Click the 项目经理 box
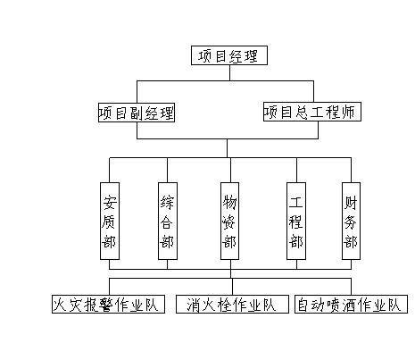[x=229, y=55]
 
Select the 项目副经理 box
[x=137, y=113]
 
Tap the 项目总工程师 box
[x=312, y=112]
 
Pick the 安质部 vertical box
[x=110, y=221]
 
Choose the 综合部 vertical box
[x=168, y=221]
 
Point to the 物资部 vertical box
[x=229, y=221]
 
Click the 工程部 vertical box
[x=296, y=221]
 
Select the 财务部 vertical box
[x=351, y=221]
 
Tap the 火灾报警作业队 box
[x=108, y=304]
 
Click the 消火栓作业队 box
[x=232, y=304]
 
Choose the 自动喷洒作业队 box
[x=351, y=304]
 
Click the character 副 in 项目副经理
[x=137, y=113]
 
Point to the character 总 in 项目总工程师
[x=302, y=113]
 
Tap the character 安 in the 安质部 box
[x=110, y=203]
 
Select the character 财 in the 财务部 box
[x=351, y=203]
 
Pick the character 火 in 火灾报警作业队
[x=60, y=305]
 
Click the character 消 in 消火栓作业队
[x=194, y=305]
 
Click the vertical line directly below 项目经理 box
[x=229, y=72]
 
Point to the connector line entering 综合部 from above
[x=167, y=170]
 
